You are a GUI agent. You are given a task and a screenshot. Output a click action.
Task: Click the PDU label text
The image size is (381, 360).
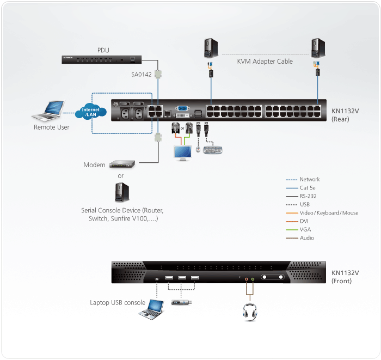pos(103,50)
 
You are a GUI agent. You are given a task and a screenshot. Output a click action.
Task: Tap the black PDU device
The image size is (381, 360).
pos(103,59)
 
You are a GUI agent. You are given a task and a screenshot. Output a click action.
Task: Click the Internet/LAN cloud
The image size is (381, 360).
pos(90,112)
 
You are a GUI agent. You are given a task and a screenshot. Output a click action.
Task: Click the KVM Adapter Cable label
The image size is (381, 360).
pos(265,62)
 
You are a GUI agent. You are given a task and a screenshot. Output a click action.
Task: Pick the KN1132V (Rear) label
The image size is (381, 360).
pos(345,114)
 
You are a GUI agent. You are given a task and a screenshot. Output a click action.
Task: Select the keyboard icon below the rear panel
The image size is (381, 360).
pos(213,149)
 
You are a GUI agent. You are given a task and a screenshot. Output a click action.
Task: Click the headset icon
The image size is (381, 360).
pos(250,312)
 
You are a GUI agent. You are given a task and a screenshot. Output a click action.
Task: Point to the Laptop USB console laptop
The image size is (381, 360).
pos(151,309)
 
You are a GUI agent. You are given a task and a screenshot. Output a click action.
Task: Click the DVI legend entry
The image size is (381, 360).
pos(305,221)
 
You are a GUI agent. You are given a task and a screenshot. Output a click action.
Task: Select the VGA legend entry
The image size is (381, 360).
pos(305,229)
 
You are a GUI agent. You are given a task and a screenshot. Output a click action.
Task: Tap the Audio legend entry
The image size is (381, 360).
pos(306,238)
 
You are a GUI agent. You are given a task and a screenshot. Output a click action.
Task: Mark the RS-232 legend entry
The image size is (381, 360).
pos(308,197)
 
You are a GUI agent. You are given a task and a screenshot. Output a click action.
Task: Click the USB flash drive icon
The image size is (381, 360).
pos(180,302)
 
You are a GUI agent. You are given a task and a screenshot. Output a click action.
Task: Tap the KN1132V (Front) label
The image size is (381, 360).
pos(345,277)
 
